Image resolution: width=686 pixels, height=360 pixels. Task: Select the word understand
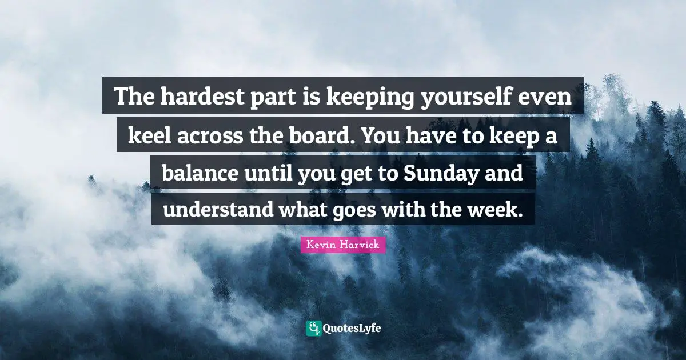[218, 209]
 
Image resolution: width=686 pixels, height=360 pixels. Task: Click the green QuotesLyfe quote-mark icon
[313, 328]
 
